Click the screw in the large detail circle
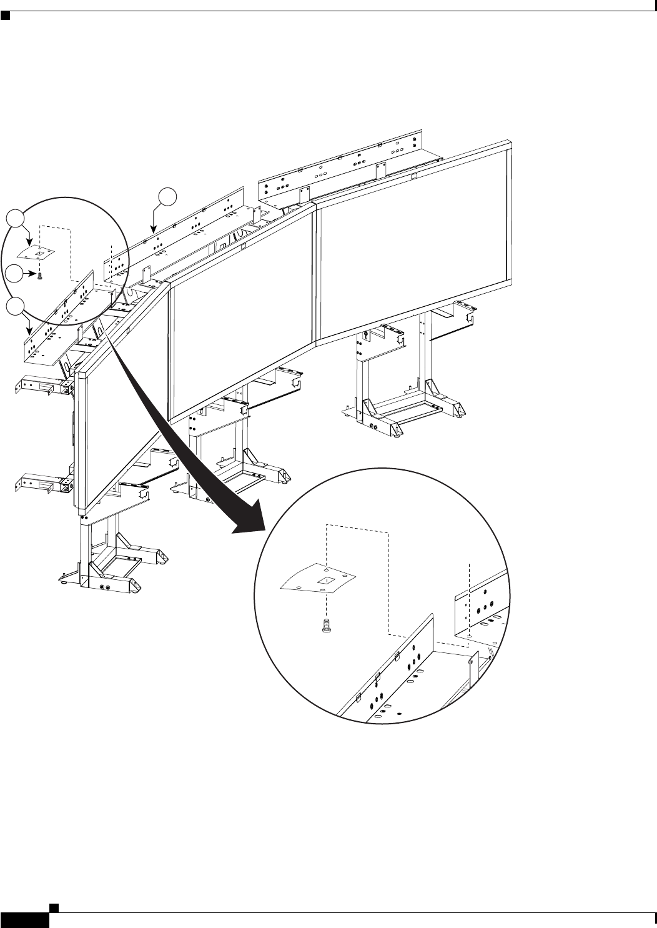pos(325,626)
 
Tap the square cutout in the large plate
pos(325,581)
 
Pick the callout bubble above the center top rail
pos(167,196)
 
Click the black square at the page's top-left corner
pos(5,14)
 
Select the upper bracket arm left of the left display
pos(39,385)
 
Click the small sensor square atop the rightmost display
pos(413,177)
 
